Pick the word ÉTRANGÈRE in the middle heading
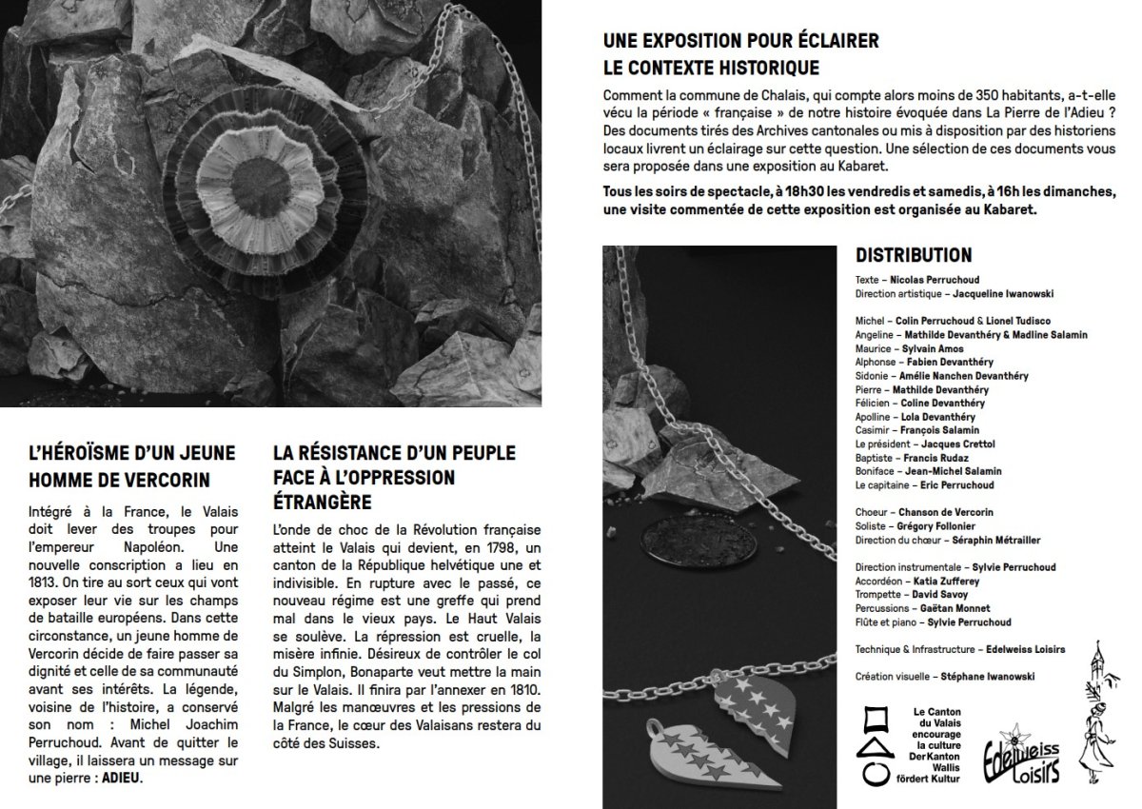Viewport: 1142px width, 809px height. (321, 501)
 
